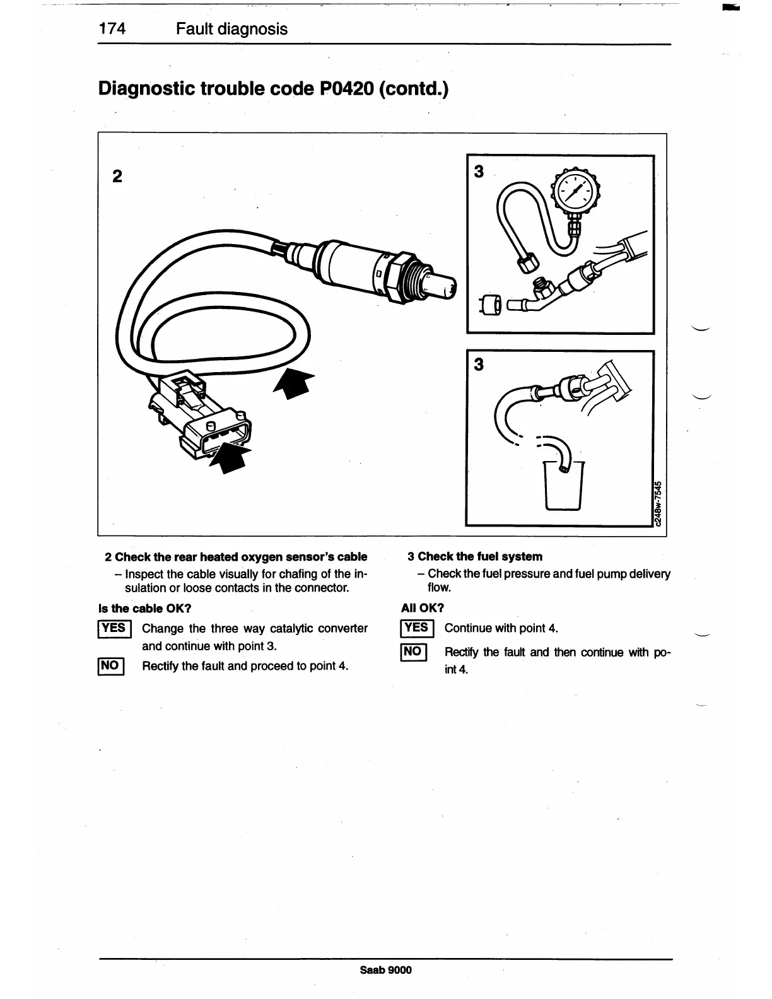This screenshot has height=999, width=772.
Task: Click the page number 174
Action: pos(112,29)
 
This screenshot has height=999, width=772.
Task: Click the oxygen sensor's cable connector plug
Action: pos(214,429)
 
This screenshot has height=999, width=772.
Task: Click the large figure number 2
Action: pos(117,177)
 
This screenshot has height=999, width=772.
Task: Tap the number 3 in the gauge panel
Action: pos(479,171)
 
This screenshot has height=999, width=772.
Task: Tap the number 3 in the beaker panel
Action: pos(479,365)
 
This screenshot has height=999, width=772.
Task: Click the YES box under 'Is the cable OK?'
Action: pos(114,628)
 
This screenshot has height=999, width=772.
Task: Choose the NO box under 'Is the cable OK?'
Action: pos(110,665)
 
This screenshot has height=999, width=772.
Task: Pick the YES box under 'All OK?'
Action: pos(416,628)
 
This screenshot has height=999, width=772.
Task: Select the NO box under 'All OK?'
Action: pos(413,651)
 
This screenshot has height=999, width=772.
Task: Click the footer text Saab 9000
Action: pos(385,970)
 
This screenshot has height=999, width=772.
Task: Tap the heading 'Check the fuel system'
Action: pos(479,556)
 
